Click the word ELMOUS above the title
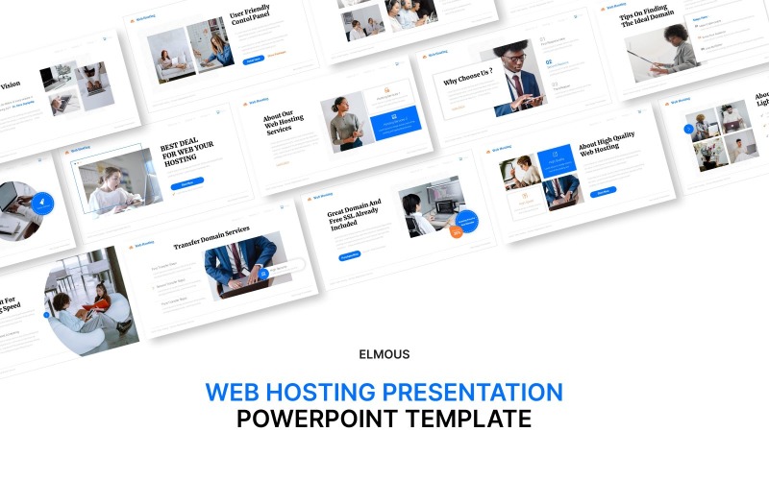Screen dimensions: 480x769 coord(384,354)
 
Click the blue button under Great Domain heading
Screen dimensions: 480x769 coord(350,256)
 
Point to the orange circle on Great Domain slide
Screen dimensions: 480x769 coord(457,231)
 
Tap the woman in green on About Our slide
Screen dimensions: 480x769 coord(343,123)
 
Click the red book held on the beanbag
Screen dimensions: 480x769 coord(97,305)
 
